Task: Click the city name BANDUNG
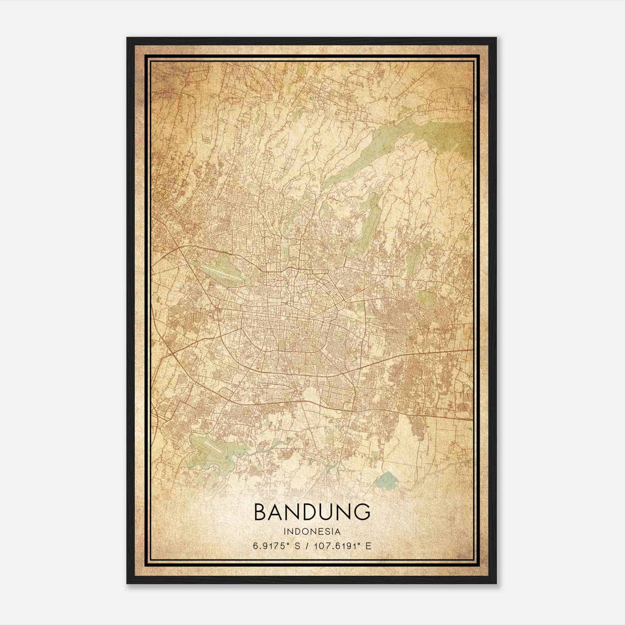[x=312, y=512]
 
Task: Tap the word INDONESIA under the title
[x=312, y=532]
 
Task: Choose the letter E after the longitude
[x=368, y=546]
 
